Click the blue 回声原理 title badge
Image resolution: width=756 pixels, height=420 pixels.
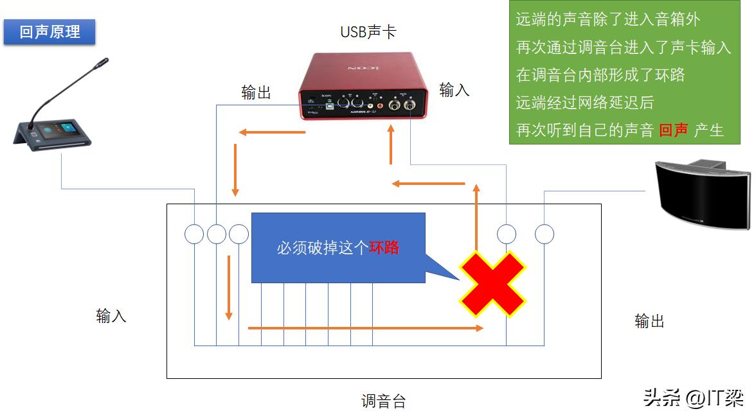click(x=50, y=31)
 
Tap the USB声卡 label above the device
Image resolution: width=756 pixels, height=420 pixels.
click(x=368, y=31)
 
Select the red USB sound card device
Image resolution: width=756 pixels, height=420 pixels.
click(x=363, y=87)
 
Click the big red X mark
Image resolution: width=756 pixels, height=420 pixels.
click(x=492, y=283)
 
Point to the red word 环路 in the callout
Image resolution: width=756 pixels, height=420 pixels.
click(x=384, y=247)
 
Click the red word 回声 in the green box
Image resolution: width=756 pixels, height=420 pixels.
click(x=674, y=130)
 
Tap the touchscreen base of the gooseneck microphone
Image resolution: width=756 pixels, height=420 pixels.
click(x=55, y=136)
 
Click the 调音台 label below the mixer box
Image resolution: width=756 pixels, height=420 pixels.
click(x=383, y=402)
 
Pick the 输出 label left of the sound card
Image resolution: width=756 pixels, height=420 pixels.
click(x=256, y=93)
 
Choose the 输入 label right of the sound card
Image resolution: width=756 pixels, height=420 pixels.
click(x=455, y=90)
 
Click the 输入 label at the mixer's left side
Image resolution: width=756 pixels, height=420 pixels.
click(x=111, y=315)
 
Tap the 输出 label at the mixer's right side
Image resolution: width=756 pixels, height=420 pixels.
click(x=649, y=320)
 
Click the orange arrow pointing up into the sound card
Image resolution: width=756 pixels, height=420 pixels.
click(x=391, y=145)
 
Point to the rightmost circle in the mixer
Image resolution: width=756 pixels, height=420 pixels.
click(x=544, y=234)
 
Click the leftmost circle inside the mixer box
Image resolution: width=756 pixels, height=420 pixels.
click(x=194, y=234)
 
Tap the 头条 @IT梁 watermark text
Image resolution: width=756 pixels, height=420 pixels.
click(x=693, y=398)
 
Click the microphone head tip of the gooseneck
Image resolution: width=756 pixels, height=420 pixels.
click(x=102, y=63)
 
